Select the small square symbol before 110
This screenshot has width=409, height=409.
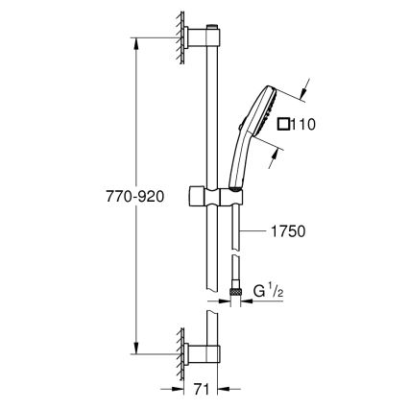284,124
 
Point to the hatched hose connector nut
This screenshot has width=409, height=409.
237,286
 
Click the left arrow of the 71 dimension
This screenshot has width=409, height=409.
180,390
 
